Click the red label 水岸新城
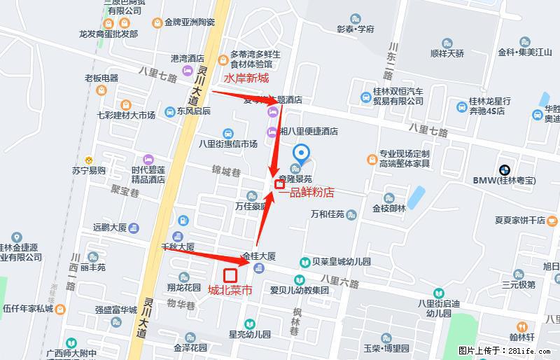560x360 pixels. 246,78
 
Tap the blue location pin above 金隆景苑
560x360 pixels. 302,153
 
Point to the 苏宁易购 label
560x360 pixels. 88,170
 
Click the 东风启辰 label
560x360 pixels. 193,111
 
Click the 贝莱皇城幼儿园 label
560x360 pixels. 341,262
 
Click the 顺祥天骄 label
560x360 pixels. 447,53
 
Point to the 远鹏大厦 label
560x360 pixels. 108,227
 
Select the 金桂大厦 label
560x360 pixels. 259,256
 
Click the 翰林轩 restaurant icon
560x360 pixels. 521,327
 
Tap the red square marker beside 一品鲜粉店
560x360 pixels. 279,185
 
